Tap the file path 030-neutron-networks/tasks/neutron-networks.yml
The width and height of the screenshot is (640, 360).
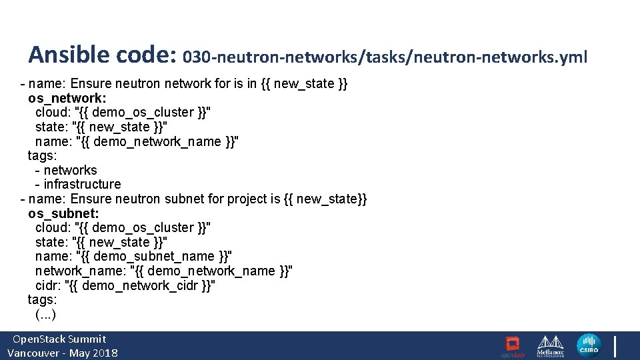(x=385, y=57)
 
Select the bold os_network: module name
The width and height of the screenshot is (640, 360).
(x=67, y=99)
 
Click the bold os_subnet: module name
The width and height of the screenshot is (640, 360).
(x=63, y=213)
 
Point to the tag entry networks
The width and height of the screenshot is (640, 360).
(x=70, y=170)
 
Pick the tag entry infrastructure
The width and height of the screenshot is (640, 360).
(x=83, y=184)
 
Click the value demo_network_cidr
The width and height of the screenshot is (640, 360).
(x=140, y=285)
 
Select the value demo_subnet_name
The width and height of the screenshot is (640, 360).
(x=154, y=256)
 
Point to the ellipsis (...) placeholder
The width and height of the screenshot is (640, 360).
(x=45, y=314)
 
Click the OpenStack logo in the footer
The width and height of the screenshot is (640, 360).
(x=513, y=347)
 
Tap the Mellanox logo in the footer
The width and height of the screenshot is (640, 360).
(x=550, y=346)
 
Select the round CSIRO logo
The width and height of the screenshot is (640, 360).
(x=589, y=346)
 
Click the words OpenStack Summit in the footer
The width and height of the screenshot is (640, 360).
(x=59, y=339)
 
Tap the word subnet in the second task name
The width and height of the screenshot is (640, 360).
(x=184, y=199)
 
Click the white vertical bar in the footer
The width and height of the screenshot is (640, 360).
(x=615, y=346)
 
